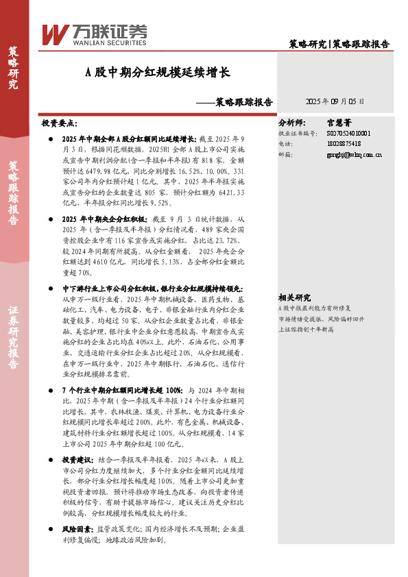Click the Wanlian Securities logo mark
53,34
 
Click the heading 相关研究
294,297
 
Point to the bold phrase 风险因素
77,530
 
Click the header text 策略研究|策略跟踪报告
339,44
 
